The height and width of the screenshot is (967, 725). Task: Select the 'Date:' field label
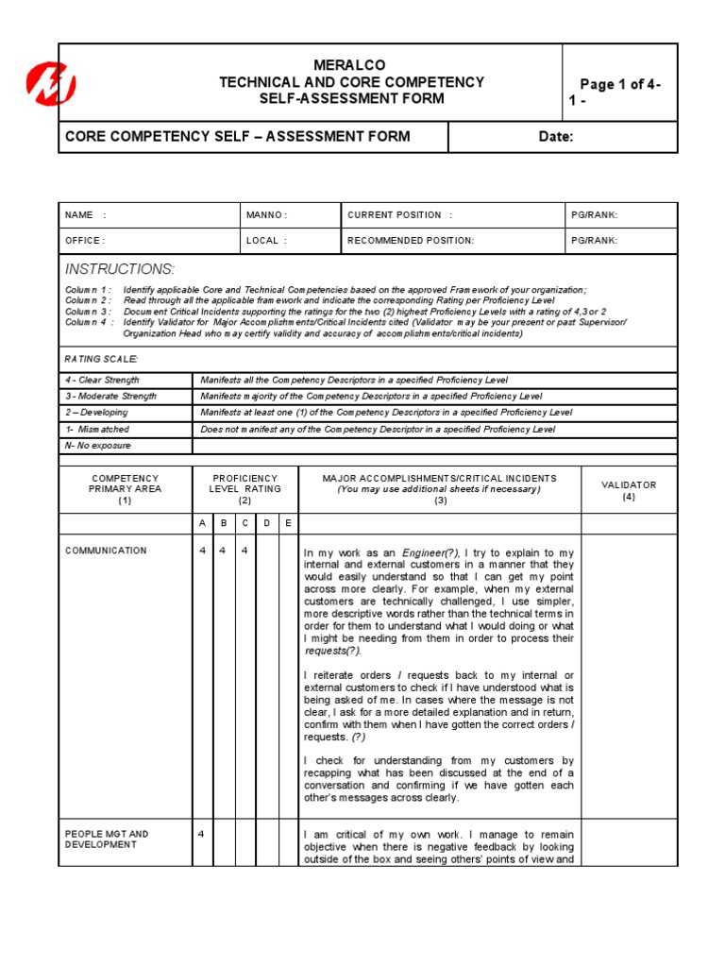(x=556, y=137)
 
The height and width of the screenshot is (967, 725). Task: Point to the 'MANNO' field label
(x=266, y=215)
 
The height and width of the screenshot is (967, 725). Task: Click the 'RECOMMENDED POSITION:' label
(x=411, y=241)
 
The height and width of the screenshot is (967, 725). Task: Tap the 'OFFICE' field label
(x=84, y=241)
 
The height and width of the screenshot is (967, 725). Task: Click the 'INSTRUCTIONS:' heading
(x=119, y=269)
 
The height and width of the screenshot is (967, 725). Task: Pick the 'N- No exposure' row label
(x=98, y=445)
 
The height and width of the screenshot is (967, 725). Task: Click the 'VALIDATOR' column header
(x=629, y=484)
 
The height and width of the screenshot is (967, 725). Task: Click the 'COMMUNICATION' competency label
(x=106, y=551)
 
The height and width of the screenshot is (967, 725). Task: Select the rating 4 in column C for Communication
(x=244, y=551)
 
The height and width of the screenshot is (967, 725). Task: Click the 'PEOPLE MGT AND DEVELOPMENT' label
(x=107, y=840)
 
